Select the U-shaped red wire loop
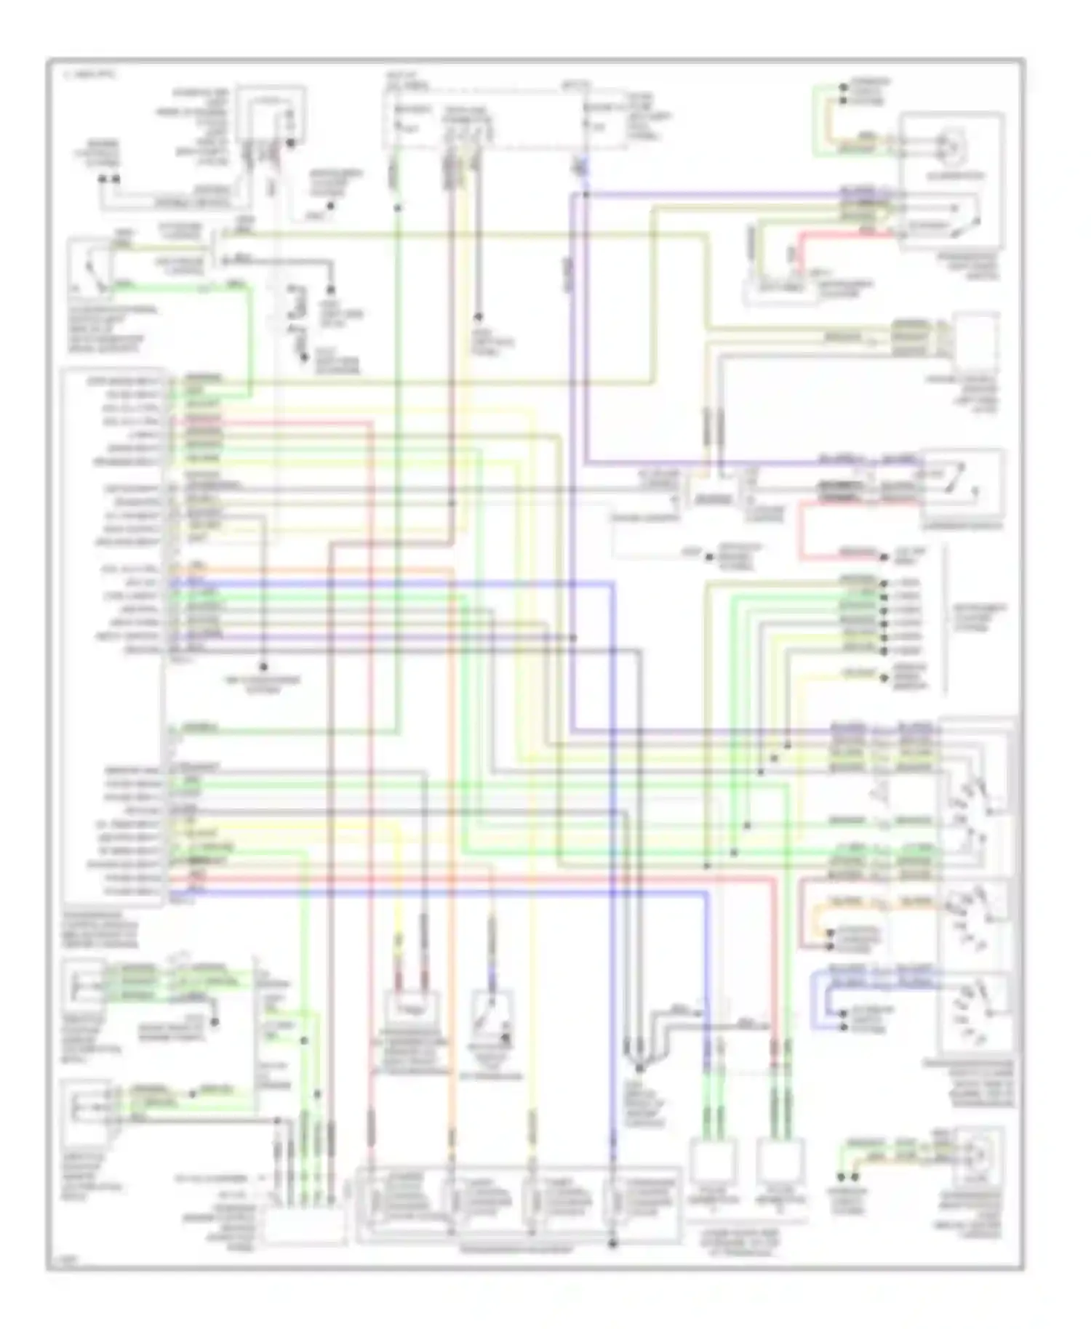click(x=802, y=531)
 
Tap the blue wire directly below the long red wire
click(x=436, y=891)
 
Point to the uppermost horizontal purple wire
click(x=713, y=195)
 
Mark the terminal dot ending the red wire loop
click(x=884, y=557)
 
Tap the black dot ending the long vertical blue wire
click(x=612, y=1243)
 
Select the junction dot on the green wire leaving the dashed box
click(x=397, y=209)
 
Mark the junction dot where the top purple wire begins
click(x=586, y=195)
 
